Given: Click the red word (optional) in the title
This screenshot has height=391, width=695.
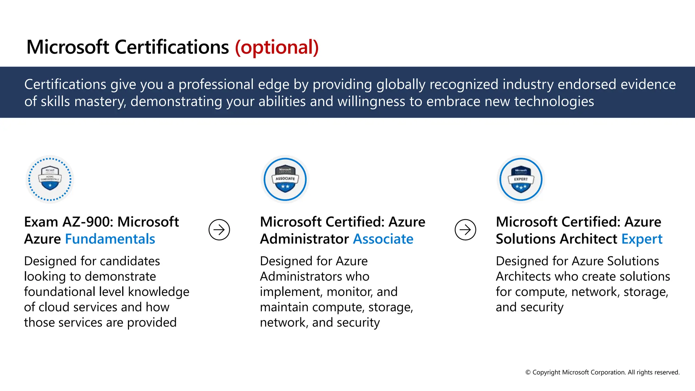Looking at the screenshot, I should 277,47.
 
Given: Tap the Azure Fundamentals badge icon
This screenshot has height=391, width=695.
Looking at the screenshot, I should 50,179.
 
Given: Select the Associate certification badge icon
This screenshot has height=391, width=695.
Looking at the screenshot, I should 285,179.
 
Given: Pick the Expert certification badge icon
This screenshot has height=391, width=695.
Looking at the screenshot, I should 521,179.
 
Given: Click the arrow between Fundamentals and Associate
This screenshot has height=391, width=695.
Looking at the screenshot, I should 219,230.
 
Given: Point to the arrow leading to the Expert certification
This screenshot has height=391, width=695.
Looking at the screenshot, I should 465,230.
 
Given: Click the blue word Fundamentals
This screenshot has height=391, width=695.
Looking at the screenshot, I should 110,239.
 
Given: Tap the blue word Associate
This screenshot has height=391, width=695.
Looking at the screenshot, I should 383,239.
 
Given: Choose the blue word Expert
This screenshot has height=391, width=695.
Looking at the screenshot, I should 642,239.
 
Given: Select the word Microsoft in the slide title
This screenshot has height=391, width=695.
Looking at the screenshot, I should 68,47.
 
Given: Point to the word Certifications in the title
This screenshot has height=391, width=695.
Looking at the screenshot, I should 172,47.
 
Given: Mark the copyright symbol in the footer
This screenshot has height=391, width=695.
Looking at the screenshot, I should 528,372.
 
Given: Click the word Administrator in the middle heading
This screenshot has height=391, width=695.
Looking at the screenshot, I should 304,239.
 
